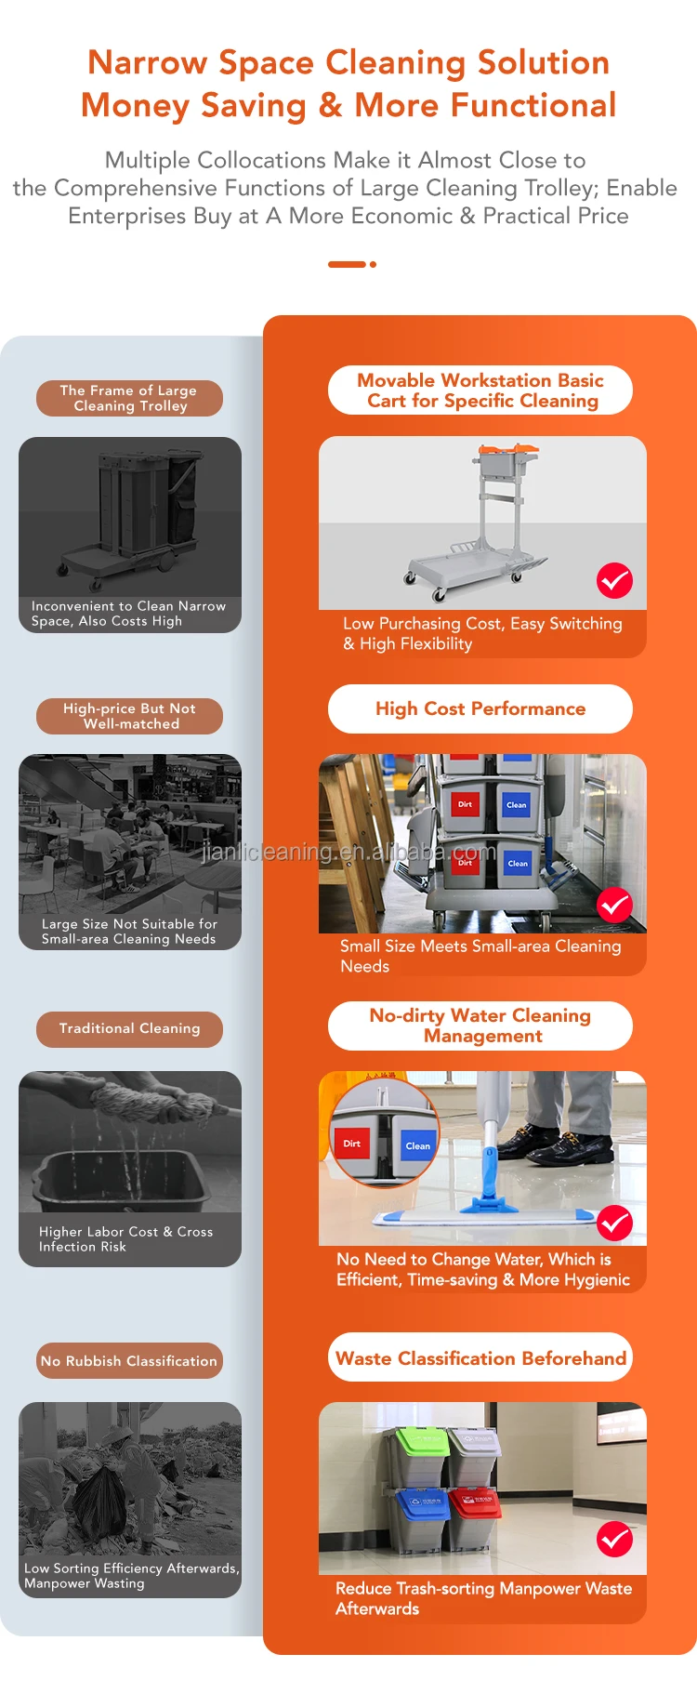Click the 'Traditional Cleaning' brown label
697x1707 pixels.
click(x=129, y=1028)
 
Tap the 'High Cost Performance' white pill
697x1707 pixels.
click(x=480, y=708)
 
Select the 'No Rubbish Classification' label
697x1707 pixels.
click(x=129, y=1360)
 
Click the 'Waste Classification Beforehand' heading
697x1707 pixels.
click(x=480, y=1357)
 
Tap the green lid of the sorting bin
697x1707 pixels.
click(x=422, y=1440)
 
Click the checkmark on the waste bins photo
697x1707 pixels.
click(x=614, y=1539)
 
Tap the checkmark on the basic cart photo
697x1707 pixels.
click(x=614, y=581)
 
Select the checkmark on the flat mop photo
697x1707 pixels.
click(x=614, y=1224)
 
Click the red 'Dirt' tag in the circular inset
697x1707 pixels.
click(x=352, y=1144)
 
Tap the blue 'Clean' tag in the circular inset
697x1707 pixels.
click(x=417, y=1145)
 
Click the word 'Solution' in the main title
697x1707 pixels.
click(x=543, y=62)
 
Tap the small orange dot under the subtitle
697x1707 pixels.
click(x=373, y=265)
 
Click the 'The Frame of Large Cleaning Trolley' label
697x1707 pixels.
click(x=129, y=398)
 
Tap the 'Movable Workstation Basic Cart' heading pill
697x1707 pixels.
click(x=480, y=390)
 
